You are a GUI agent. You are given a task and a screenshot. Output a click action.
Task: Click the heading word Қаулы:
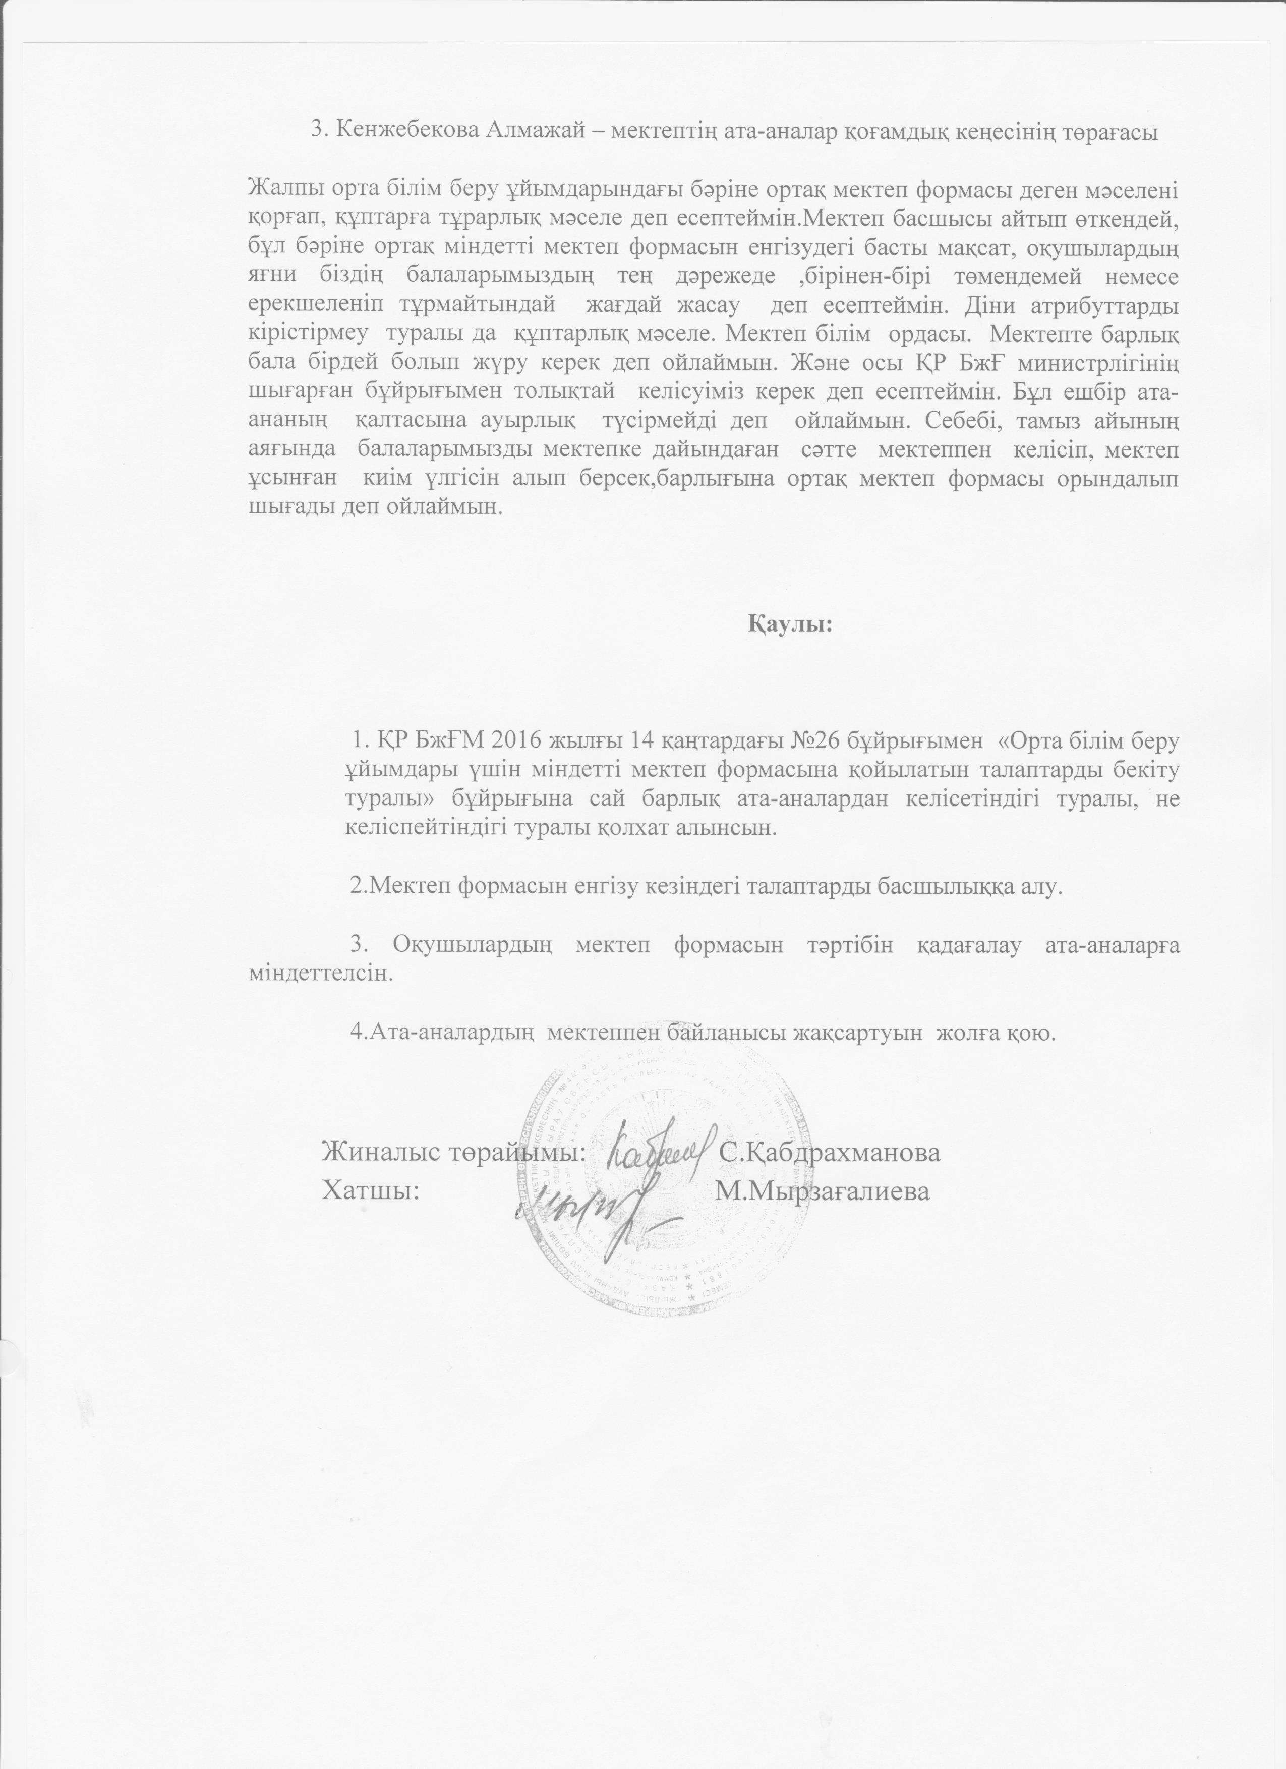pyautogui.click(x=791, y=625)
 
